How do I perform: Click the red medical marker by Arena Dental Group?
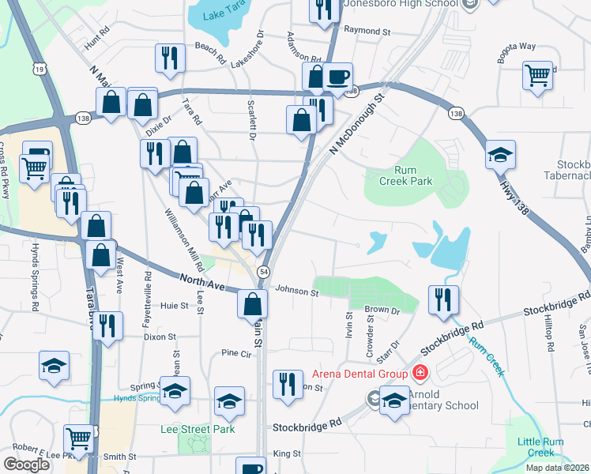point(420,373)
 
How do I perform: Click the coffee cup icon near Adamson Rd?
point(338,77)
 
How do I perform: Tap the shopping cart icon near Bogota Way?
point(537,76)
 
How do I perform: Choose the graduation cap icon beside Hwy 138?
point(500,154)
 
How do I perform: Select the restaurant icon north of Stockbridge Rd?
point(442,299)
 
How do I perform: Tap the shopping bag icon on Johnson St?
point(252,303)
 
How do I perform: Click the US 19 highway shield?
point(38,71)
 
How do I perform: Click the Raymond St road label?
point(373,31)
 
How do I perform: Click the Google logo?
point(27,465)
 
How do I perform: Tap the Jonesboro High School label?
point(400,4)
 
